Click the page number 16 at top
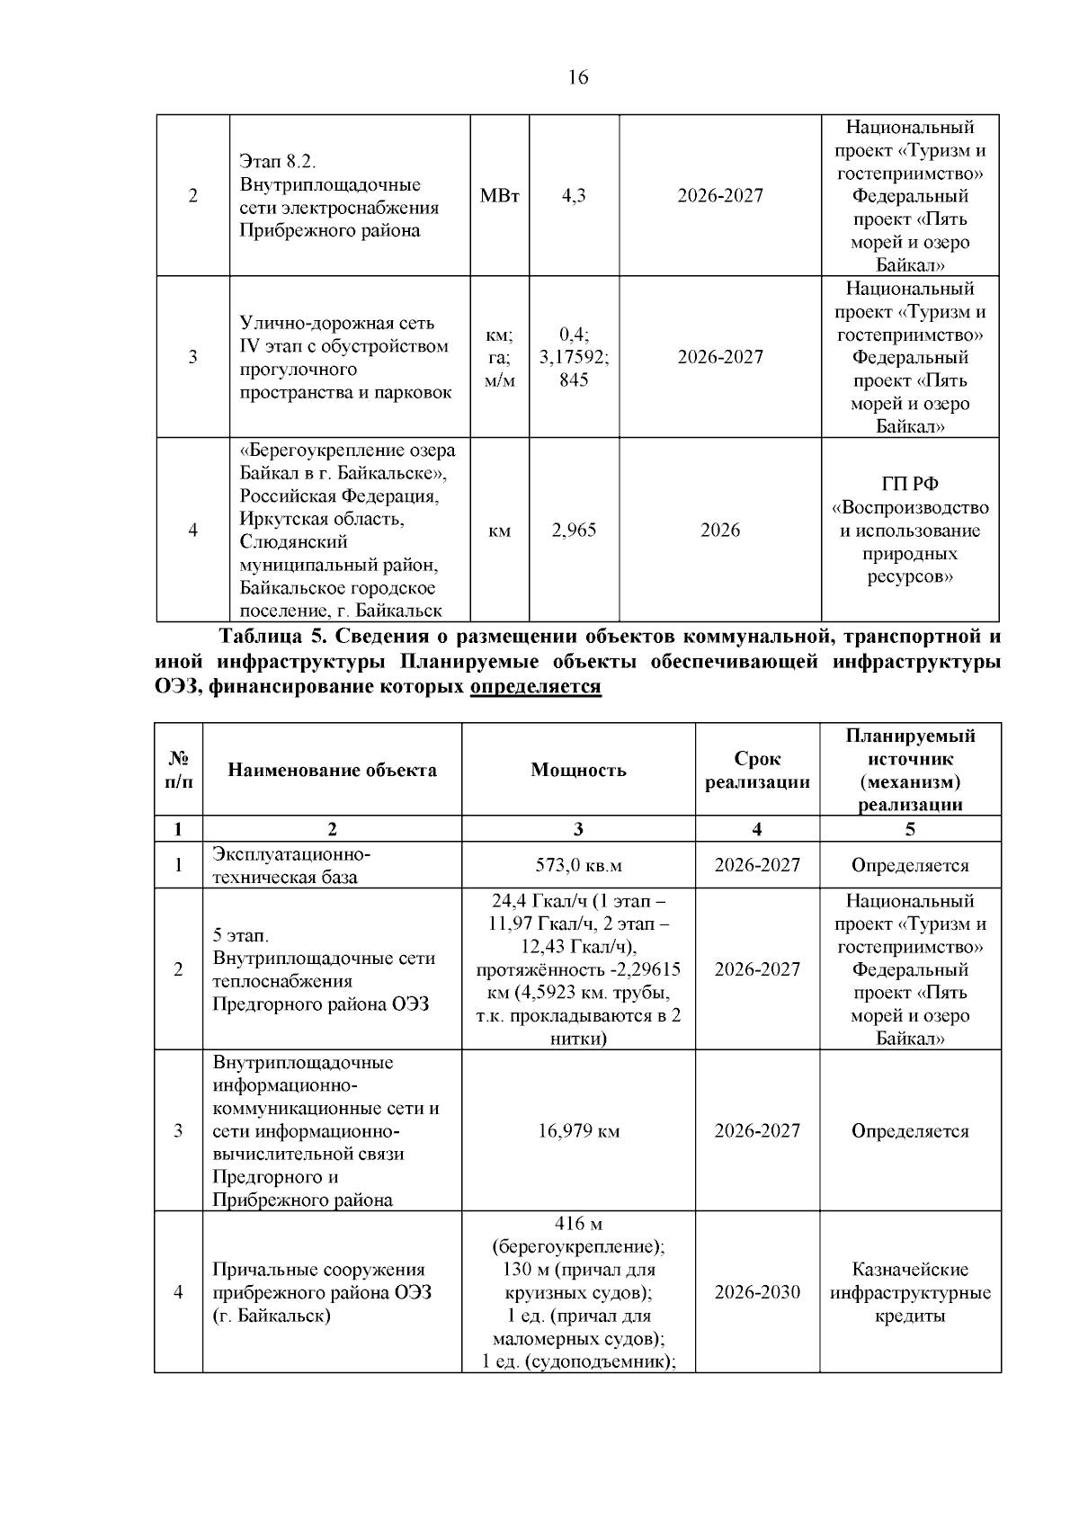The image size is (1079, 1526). click(578, 78)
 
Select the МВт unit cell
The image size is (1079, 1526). click(500, 196)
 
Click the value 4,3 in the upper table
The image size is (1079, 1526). click(574, 196)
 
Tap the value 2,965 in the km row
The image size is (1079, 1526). click(574, 531)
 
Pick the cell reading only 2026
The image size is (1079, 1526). click(720, 531)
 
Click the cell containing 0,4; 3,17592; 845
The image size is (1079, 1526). click(574, 357)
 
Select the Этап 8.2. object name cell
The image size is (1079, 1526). click(340, 196)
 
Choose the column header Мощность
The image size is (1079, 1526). click(578, 771)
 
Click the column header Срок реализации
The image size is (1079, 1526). click(757, 771)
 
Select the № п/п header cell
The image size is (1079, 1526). click(178, 771)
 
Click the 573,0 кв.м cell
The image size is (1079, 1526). click(578, 866)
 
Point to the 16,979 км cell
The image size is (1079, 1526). click(578, 1131)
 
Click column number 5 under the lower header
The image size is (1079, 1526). click(910, 829)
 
